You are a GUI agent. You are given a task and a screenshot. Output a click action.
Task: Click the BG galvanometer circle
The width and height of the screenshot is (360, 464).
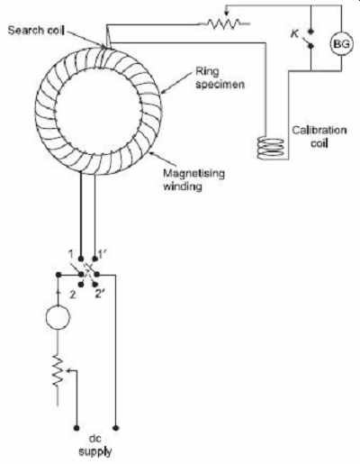click(341, 44)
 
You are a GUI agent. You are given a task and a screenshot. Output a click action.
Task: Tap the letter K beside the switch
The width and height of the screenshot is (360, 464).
click(295, 33)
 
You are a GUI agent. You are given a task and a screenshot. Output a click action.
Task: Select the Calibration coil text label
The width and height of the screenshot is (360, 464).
click(319, 136)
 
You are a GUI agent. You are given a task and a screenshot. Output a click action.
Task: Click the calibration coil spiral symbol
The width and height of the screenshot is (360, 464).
click(271, 148)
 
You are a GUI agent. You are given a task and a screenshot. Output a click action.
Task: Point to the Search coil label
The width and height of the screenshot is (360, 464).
click(36, 31)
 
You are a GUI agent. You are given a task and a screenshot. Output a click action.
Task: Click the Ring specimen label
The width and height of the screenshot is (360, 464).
click(220, 77)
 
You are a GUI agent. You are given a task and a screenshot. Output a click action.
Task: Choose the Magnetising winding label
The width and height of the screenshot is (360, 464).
click(193, 179)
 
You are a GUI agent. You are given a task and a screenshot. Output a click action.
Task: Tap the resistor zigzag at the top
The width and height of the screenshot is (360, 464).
click(224, 23)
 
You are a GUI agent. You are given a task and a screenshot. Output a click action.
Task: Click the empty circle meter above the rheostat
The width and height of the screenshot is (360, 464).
click(58, 317)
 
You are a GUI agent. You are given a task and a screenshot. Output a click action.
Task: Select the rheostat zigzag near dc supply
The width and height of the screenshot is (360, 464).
click(58, 370)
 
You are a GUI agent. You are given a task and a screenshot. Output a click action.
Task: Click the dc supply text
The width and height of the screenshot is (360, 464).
click(95, 445)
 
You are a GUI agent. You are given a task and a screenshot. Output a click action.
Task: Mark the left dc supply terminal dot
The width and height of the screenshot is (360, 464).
click(76, 428)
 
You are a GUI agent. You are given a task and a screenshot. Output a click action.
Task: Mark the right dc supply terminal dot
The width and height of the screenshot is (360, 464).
click(116, 428)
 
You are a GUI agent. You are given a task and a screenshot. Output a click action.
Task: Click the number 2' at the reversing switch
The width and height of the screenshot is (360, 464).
click(100, 294)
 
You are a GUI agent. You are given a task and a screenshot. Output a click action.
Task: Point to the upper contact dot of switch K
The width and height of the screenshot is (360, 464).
click(310, 32)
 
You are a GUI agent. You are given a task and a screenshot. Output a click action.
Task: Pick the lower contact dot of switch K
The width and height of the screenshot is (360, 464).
click(310, 46)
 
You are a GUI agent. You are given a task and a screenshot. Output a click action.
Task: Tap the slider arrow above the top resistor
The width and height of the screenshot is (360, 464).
click(227, 14)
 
